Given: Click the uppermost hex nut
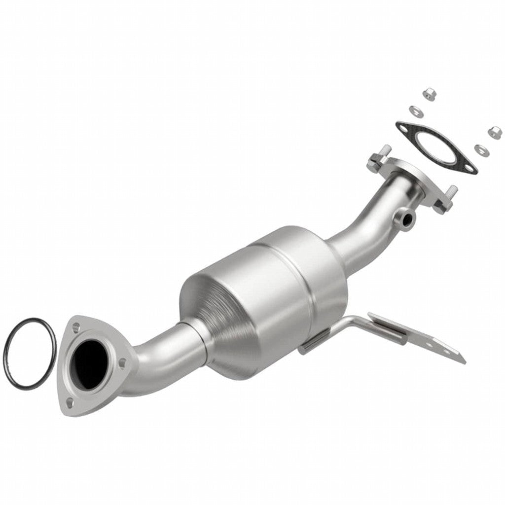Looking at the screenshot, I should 429,93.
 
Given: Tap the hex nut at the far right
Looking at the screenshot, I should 495,132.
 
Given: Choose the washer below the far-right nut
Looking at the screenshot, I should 478,148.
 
